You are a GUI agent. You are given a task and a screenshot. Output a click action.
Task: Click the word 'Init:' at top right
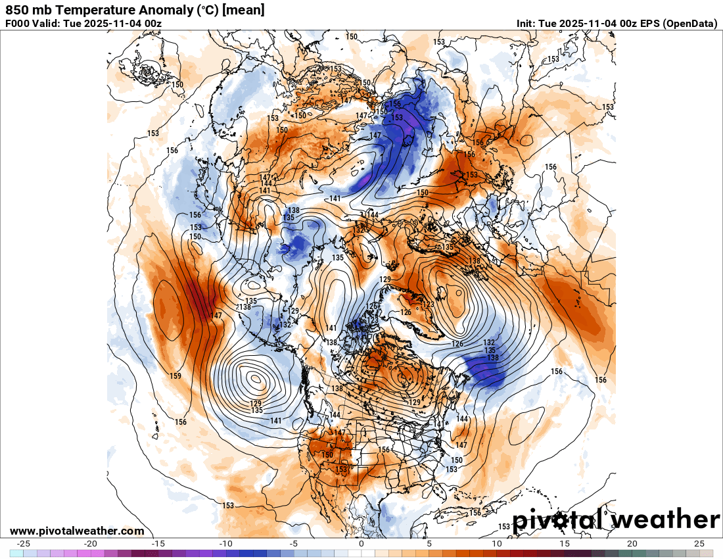coord(526,24)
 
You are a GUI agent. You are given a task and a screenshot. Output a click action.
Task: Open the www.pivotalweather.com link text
coord(77,531)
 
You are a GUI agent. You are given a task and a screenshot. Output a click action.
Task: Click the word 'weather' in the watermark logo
coord(665,520)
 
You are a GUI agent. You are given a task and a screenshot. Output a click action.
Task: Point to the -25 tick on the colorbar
coord(23,544)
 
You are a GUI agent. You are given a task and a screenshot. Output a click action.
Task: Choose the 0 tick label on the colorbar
coord(361,544)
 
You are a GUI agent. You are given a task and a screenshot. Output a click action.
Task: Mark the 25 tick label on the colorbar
coord(699,544)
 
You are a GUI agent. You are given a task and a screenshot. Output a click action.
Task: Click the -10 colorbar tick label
coord(226,544)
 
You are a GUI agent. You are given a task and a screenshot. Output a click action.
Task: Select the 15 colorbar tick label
coord(564,544)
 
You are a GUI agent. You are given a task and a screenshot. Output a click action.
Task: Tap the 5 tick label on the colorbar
coord(429,544)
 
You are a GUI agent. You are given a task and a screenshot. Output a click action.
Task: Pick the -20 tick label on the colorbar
coord(91,544)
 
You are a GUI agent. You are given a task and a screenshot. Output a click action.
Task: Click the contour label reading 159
coord(175,376)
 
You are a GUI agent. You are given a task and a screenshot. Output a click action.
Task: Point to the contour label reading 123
coord(429,304)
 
